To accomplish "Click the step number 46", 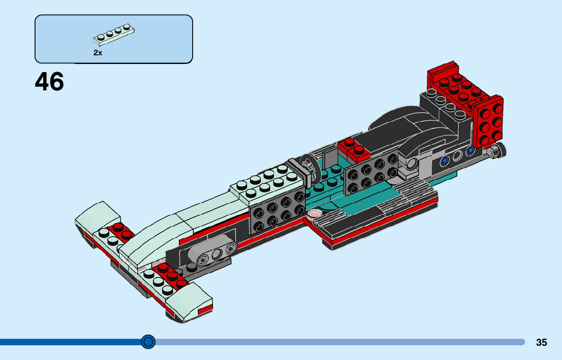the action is coord(50,82).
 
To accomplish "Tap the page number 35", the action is coord(541,343).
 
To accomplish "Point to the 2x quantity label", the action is coord(98,52).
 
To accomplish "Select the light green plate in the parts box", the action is coord(115,36).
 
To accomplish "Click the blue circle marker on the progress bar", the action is coord(148,342).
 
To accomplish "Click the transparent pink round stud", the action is coord(315,213).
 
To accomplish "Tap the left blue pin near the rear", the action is coord(445,161).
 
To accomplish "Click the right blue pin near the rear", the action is coord(470,150).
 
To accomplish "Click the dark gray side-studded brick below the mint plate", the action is coord(277,214).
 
